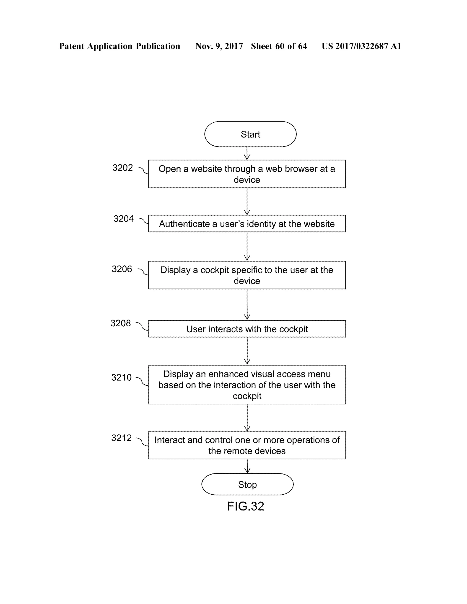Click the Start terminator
point(250,134)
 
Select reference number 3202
point(122,168)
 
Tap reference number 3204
point(123,219)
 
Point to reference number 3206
point(122,269)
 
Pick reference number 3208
point(121,323)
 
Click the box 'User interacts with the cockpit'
point(247,329)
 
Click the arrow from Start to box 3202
point(247,153)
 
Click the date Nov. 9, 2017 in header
point(219,46)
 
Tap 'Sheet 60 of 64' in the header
point(279,46)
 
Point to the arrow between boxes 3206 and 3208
point(247,305)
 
